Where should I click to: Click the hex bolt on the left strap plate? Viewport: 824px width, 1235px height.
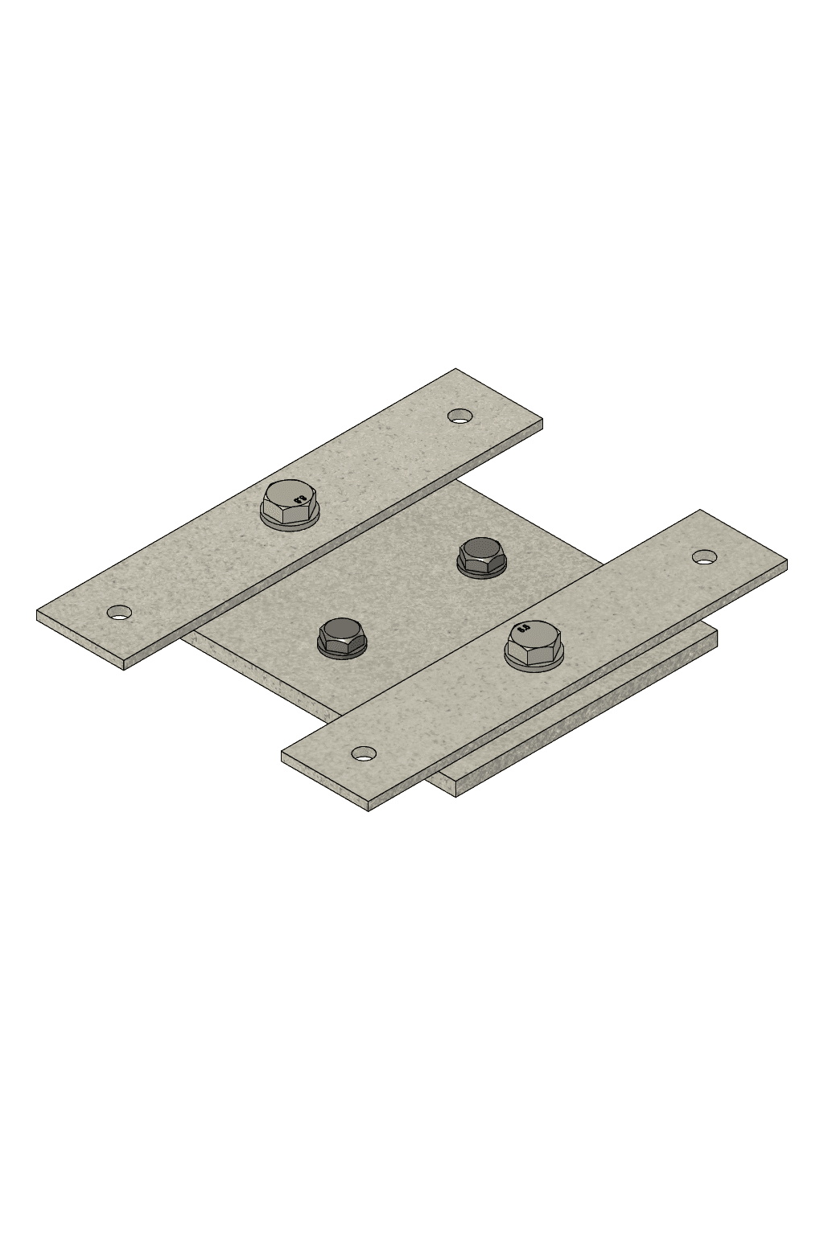pos(291,503)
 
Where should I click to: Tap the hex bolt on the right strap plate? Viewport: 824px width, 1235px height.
pos(534,641)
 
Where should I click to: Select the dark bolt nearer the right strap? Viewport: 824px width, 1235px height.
pos(482,553)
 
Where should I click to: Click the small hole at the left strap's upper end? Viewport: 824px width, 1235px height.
pos(459,416)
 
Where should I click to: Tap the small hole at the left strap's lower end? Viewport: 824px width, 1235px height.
pos(119,613)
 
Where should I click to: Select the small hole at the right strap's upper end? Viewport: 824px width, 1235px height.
pos(705,556)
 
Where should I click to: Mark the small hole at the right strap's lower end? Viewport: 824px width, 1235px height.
pos(364,753)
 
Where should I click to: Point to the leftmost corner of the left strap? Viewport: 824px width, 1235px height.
pos(38,611)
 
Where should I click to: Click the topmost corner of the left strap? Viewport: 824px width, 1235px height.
pos(456,369)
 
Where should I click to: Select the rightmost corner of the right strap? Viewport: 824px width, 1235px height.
pos(785,564)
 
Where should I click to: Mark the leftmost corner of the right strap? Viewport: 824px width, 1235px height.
pos(282,753)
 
